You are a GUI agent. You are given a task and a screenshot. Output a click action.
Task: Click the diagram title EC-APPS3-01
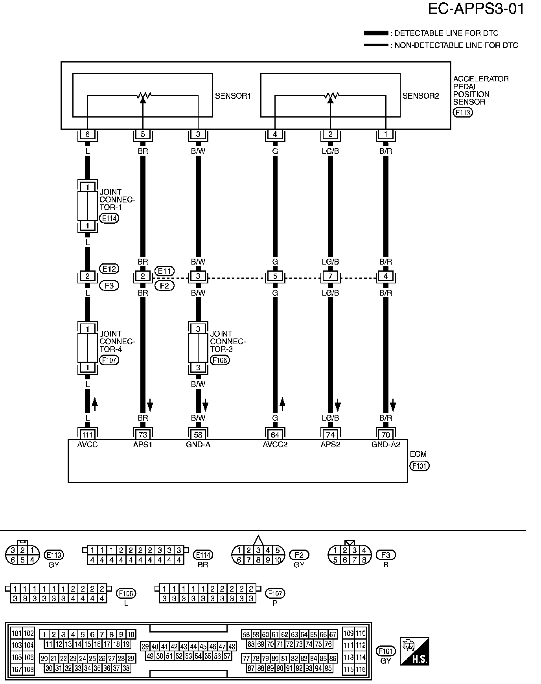[476, 9]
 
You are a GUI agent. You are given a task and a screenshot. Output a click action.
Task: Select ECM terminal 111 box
[87, 434]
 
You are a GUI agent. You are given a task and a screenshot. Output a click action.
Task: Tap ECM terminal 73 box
[143, 434]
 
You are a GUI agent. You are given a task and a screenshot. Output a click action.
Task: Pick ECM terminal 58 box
[198, 434]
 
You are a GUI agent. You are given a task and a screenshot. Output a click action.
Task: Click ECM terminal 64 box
[275, 434]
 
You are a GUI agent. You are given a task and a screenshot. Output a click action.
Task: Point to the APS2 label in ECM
[330, 445]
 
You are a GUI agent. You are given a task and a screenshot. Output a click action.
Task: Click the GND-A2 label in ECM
[386, 445]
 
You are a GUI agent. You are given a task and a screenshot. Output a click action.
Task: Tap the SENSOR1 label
[233, 96]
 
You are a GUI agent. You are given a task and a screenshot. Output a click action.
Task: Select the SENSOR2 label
[421, 96]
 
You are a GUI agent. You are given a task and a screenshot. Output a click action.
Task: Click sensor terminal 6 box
[87, 134]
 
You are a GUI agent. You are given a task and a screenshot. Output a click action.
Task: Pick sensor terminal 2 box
[330, 134]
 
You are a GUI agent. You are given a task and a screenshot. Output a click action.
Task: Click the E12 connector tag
[109, 269]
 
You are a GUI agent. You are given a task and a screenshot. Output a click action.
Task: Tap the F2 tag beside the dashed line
[164, 286]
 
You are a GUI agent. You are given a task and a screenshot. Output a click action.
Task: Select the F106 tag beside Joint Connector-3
[220, 360]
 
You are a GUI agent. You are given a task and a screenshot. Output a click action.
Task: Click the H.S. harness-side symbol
[414, 651]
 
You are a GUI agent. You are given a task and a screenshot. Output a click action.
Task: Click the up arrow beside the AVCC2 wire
[282, 404]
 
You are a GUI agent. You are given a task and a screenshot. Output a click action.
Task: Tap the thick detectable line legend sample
[376, 33]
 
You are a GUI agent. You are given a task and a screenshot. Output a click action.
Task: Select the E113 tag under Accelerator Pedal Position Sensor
[463, 112]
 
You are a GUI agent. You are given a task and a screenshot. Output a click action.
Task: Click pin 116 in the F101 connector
[361, 669]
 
